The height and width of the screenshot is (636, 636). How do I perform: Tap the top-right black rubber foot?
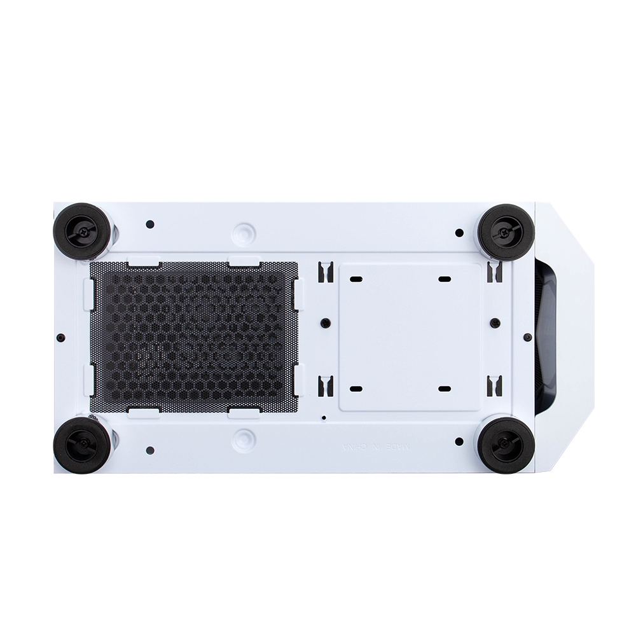coord(506,232)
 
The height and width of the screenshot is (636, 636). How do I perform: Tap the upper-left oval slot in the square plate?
coord(356,279)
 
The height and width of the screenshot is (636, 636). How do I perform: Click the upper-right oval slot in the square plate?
coord(445,279)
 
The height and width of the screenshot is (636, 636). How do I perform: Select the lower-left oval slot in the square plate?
coord(356,389)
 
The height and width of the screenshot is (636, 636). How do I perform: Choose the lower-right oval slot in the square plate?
coord(445,389)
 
